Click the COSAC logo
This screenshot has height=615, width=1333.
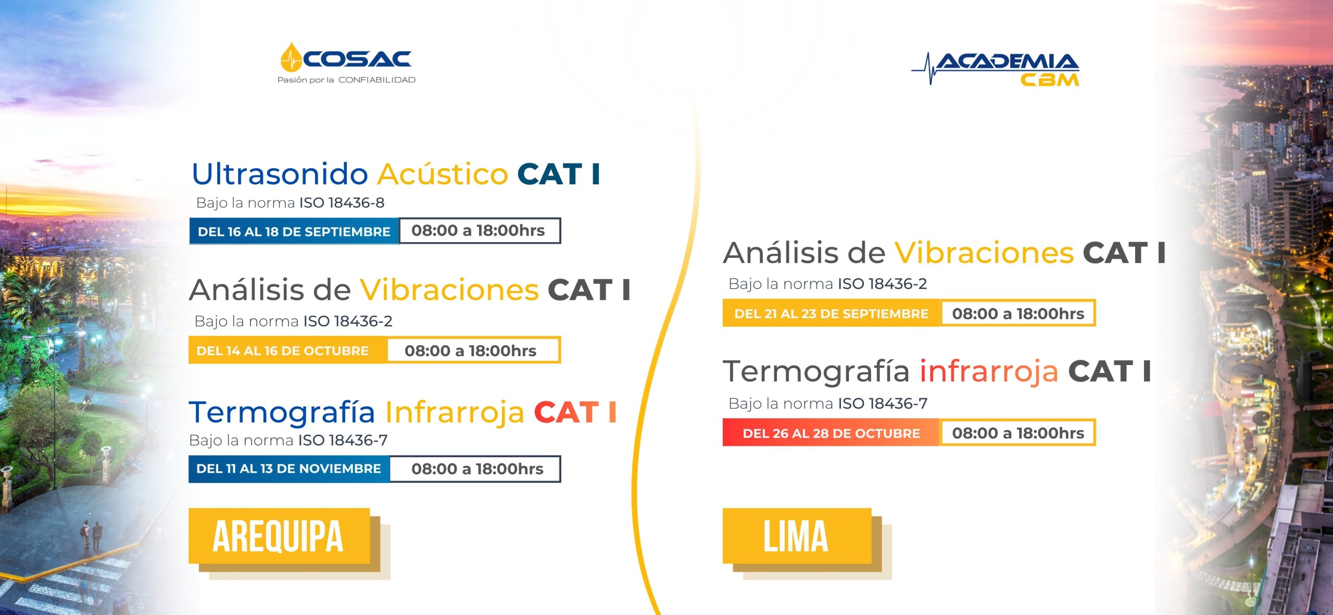(x=346, y=64)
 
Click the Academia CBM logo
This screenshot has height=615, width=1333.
(x=995, y=69)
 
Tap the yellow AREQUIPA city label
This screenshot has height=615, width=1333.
(x=279, y=536)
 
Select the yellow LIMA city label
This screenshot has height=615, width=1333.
(x=797, y=536)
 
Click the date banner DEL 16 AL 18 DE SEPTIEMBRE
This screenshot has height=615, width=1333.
(x=294, y=231)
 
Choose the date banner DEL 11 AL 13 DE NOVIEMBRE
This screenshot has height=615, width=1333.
(x=289, y=469)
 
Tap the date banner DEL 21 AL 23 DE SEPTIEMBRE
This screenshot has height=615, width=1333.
(x=831, y=313)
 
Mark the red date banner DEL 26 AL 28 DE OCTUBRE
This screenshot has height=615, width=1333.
(x=831, y=433)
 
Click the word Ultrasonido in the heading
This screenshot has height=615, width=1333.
(x=280, y=173)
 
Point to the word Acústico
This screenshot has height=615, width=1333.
(x=443, y=173)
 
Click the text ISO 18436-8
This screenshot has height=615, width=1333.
(x=342, y=203)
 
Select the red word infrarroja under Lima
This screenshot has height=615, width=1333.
(x=989, y=371)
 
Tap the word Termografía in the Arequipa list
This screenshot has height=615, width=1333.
(x=282, y=413)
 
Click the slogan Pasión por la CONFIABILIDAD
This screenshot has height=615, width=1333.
(x=346, y=80)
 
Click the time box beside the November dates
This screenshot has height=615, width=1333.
(x=475, y=469)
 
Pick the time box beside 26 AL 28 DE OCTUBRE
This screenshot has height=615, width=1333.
(x=1018, y=433)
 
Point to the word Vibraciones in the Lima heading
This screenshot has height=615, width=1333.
(x=984, y=253)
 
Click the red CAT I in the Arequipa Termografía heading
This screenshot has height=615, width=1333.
(x=575, y=412)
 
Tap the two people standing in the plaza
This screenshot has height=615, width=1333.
(x=92, y=535)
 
